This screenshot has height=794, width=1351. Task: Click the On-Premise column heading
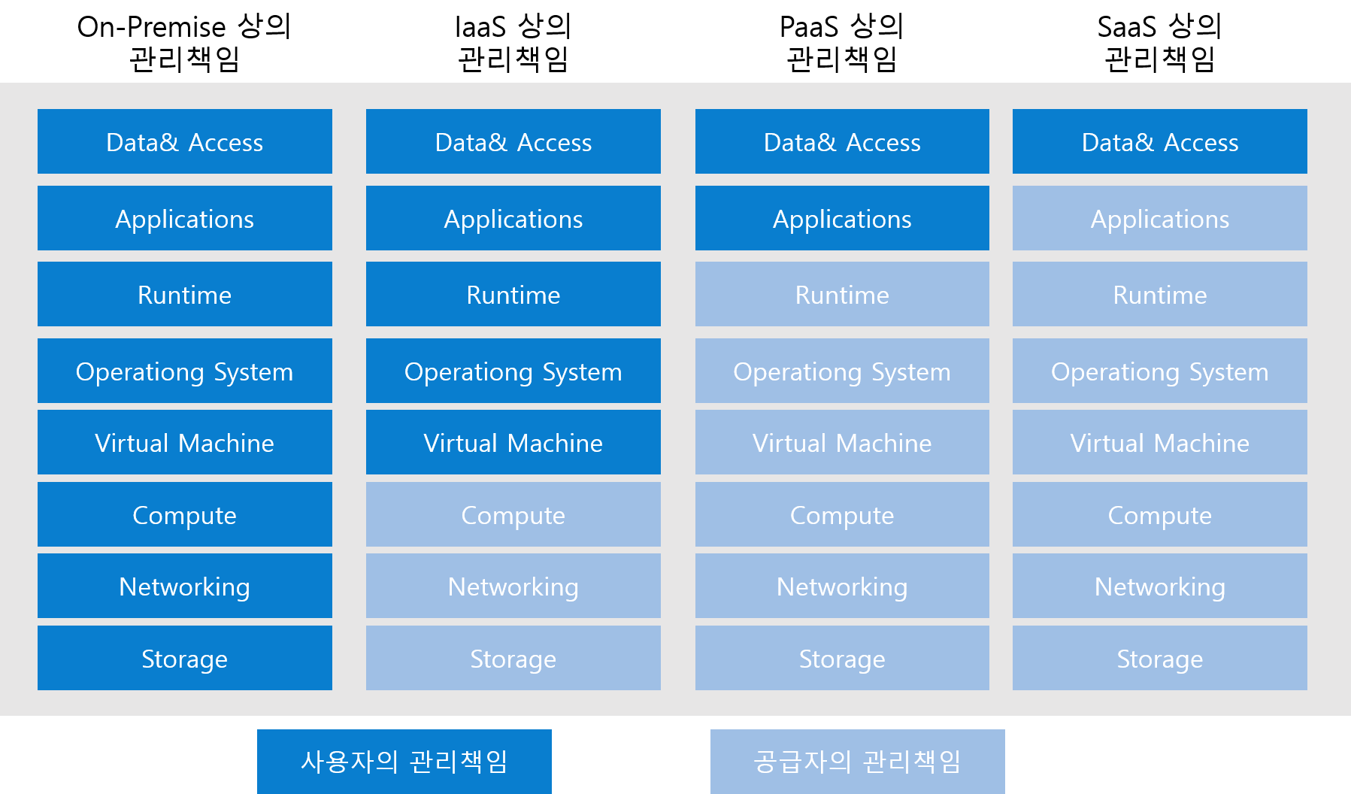click(184, 43)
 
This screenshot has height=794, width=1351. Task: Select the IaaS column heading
click(513, 43)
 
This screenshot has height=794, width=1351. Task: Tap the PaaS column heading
click(842, 43)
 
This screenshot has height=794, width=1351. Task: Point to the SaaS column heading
click(1160, 43)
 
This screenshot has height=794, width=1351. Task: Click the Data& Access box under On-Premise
click(185, 141)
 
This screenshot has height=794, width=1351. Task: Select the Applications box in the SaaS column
click(1160, 218)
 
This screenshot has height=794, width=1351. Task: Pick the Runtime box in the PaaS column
click(842, 294)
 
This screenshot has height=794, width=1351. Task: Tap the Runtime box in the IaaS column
click(513, 294)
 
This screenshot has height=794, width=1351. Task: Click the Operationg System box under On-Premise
click(185, 371)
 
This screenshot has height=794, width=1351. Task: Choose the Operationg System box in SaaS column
click(1160, 371)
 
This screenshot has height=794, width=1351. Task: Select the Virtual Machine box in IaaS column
click(513, 442)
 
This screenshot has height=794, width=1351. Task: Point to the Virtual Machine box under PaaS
click(842, 442)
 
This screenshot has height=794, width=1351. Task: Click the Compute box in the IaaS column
click(513, 514)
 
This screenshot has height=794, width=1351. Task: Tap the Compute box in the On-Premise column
click(185, 514)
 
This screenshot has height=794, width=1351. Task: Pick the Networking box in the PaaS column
click(842, 586)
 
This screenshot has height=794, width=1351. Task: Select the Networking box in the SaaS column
click(1160, 586)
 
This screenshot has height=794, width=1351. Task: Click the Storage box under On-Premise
click(185, 658)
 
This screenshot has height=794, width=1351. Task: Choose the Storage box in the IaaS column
click(513, 658)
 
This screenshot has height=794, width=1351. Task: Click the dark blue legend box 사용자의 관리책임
click(404, 762)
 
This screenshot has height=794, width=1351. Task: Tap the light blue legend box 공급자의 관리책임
click(858, 762)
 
